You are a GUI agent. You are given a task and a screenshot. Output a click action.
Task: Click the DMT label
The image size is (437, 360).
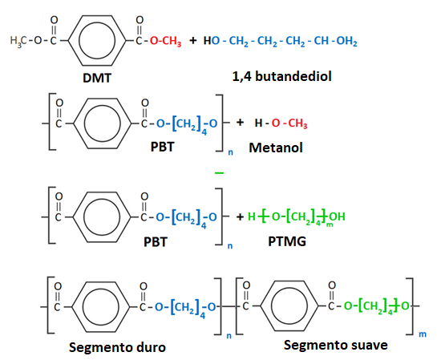tap(97, 78)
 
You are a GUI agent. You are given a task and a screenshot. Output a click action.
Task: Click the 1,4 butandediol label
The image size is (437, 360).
tap(281, 76)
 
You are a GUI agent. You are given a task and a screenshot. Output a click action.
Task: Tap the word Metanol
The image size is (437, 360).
tap(276, 148)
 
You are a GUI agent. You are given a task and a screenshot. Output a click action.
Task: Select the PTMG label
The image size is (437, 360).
tap(287, 241)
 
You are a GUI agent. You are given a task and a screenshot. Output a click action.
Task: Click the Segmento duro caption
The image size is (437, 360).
tap(117, 347)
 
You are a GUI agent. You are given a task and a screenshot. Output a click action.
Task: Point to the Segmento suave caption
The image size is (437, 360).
tap(335, 345)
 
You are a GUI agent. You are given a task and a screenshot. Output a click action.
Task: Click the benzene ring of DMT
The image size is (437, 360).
tap(97, 40)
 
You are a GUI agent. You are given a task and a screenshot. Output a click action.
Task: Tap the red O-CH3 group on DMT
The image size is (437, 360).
tap(165, 41)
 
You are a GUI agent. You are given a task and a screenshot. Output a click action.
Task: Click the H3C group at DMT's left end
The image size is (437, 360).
tap(18, 41)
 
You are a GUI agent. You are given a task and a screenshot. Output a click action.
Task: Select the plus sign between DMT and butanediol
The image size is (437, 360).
tap(192, 41)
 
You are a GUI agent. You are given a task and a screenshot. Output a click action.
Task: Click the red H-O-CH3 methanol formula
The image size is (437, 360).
tap(281, 123)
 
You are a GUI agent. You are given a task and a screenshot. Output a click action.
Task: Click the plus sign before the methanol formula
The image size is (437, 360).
tap(240, 123)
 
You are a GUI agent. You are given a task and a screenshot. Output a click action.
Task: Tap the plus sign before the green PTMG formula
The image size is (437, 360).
tap(240, 216)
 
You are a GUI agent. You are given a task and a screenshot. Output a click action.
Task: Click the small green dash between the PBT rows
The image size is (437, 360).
tap(220, 173)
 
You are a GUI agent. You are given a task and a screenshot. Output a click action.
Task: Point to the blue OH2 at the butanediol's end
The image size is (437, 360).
tap(346, 41)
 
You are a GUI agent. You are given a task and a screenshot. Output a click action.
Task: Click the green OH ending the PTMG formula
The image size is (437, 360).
tap(338, 216)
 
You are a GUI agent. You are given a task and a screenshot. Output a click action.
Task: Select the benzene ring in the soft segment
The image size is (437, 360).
tap(289, 306)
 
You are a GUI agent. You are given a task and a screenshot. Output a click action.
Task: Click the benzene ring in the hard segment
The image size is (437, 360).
tap(100, 307)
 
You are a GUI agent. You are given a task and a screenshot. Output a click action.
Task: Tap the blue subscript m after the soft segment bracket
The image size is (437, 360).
tap(423, 334)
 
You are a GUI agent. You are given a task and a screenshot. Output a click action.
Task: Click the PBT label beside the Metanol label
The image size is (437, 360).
tap(162, 147)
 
